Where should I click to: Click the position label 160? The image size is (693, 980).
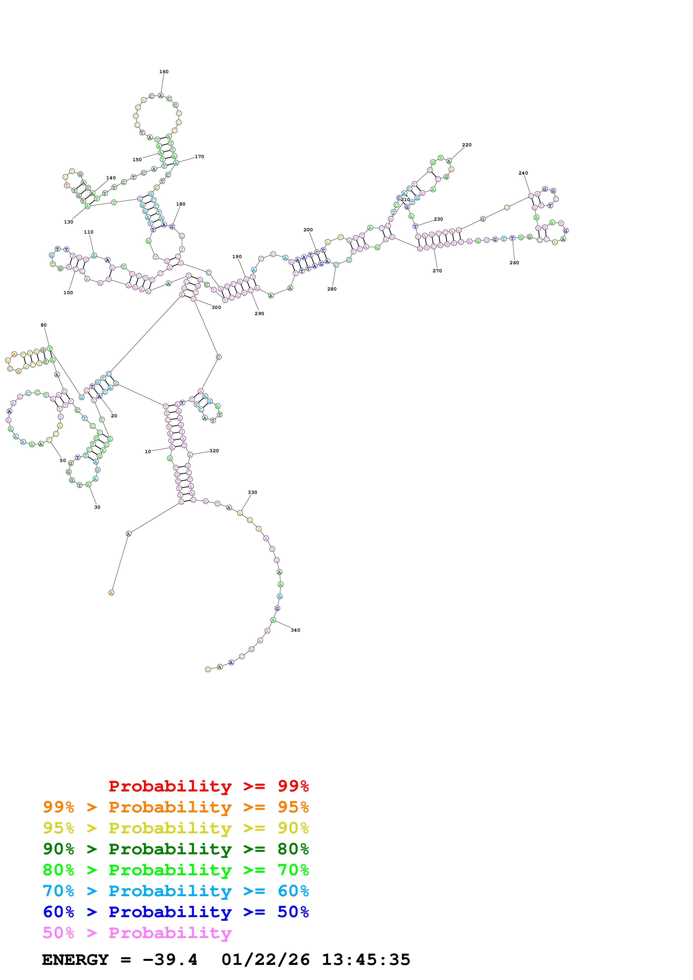(164, 72)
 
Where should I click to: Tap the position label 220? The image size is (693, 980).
(467, 145)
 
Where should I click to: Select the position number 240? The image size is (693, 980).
(523, 173)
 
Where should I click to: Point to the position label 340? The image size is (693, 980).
(295, 630)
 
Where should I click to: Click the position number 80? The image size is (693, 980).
(44, 325)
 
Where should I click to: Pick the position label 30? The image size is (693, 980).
(97, 507)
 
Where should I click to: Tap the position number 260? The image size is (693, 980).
(514, 263)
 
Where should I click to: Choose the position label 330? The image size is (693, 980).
(252, 493)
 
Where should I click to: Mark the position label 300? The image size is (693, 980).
(216, 307)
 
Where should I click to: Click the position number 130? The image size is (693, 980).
(68, 222)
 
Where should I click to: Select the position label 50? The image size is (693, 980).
(63, 461)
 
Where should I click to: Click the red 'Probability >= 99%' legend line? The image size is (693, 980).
(208, 786)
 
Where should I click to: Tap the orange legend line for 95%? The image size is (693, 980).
(176, 807)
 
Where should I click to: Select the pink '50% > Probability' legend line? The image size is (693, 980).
(137, 933)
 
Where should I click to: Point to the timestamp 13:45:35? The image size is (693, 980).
(366, 960)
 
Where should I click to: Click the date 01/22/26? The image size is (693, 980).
(266, 960)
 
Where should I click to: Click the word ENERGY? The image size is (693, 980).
(75, 960)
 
